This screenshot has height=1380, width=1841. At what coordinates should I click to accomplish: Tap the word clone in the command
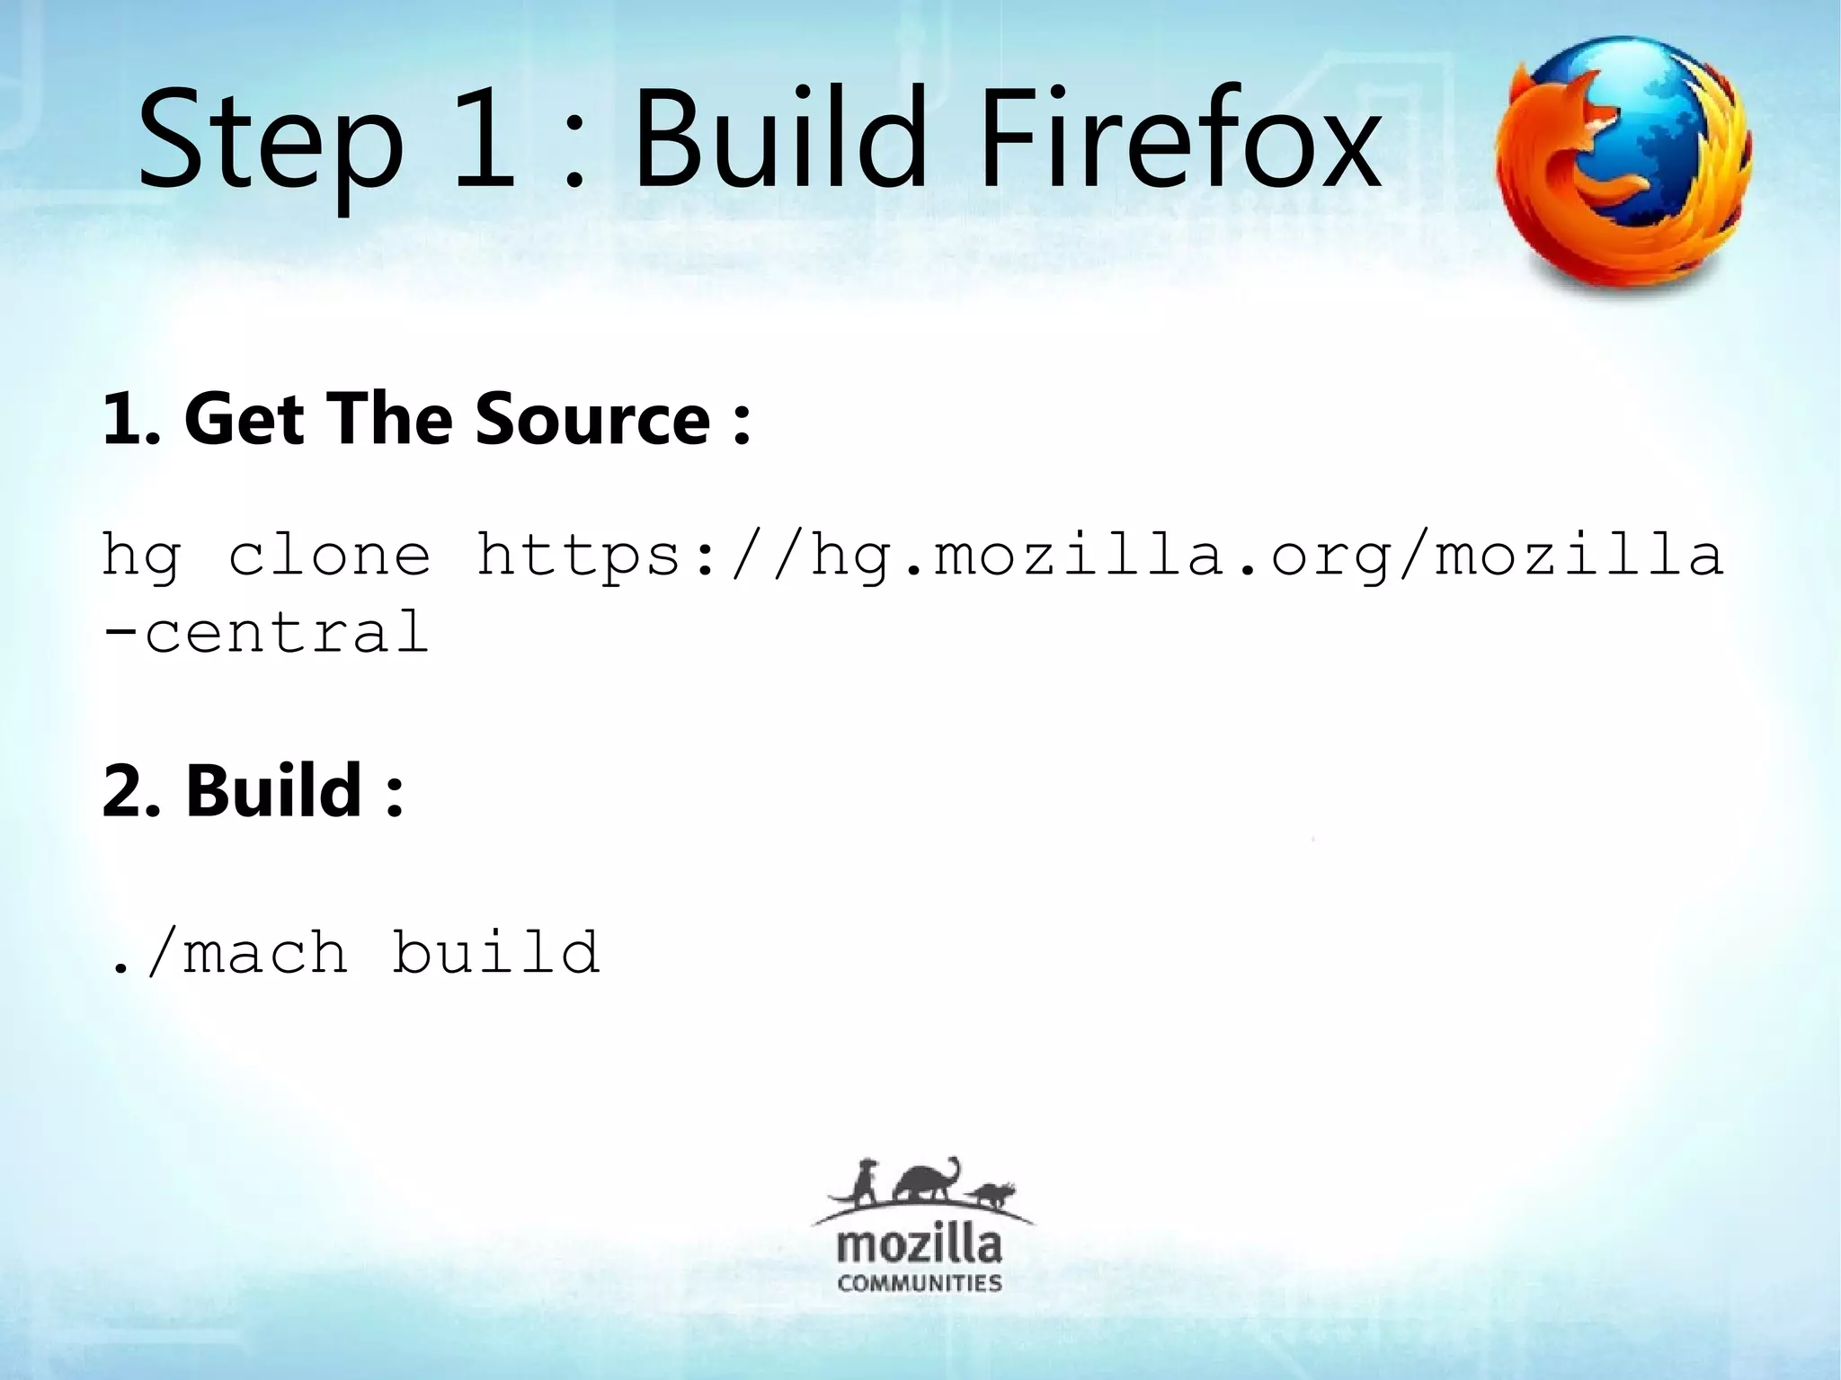pos(329,555)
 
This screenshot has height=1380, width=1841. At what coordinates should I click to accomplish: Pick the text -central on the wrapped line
pos(266,633)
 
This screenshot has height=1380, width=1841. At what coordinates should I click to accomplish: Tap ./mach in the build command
pos(228,953)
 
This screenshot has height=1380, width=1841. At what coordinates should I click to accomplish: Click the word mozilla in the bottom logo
pos(919,1246)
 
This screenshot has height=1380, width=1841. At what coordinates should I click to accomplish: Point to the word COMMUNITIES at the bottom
pos(919,1284)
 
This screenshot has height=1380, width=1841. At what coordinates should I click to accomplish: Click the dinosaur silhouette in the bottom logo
pos(926,1183)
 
